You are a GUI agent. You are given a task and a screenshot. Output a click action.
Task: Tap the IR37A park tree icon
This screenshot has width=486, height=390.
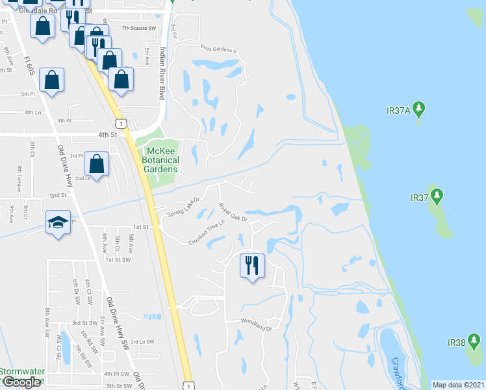click(x=420, y=107)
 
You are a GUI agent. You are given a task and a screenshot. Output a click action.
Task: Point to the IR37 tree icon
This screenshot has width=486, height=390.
click(x=437, y=195)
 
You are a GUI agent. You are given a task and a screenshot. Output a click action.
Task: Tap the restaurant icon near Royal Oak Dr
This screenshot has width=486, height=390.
click(x=251, y=265)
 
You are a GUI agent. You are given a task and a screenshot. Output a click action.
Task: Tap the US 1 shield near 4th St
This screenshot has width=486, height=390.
click(x=121, y=122)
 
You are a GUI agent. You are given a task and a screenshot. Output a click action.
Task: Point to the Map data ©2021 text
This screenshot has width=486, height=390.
click(x=458, y=385)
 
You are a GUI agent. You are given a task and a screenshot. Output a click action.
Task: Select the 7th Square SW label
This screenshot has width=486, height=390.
click(x=139, y=29)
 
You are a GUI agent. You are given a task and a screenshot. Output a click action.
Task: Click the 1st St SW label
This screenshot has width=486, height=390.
click(x=118, y=259)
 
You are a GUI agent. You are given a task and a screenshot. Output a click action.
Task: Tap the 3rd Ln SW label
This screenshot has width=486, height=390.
click(x=142, y=341)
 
